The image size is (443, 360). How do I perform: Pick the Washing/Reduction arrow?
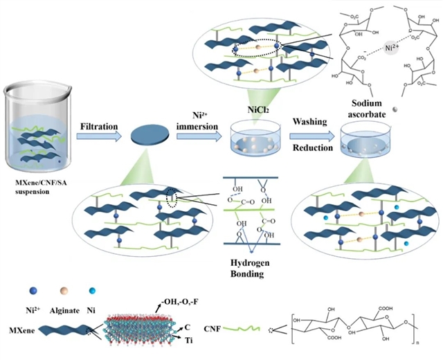tap(314, 136)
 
